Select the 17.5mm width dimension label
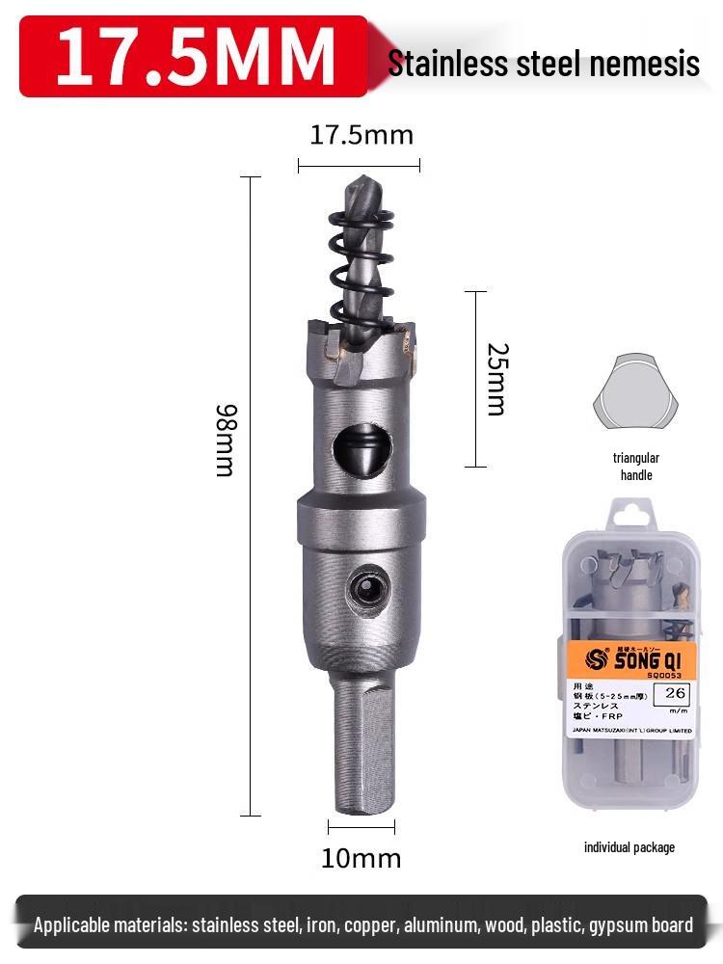[361, 135]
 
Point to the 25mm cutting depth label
[495, 379]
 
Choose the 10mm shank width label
[361, 857]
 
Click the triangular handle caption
[635, 467]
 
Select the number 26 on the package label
[674, 692]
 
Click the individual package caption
[629, 847]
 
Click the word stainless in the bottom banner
[228, 925]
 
